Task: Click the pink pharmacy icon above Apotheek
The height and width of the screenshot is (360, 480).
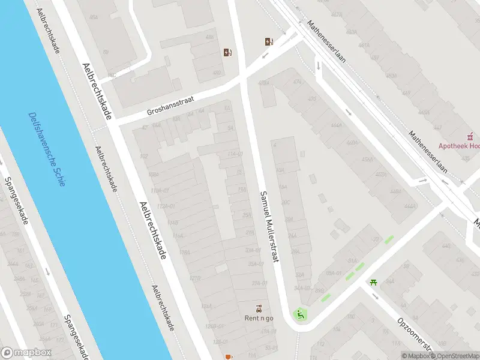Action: coord(472,136)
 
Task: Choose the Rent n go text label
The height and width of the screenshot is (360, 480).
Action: coord(259,318)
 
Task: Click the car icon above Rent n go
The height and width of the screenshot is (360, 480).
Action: coord(259,308)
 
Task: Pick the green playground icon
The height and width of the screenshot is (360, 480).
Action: coord(300,314)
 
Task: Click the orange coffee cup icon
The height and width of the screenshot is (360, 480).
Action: coord(228,357)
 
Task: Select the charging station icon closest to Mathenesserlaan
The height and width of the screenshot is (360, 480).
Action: coord(269,41)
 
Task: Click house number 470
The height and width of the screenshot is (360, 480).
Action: coord(312,99)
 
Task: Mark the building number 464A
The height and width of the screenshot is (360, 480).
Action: coord(336,127)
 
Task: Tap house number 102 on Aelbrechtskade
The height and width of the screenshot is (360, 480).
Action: coord(143,156)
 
